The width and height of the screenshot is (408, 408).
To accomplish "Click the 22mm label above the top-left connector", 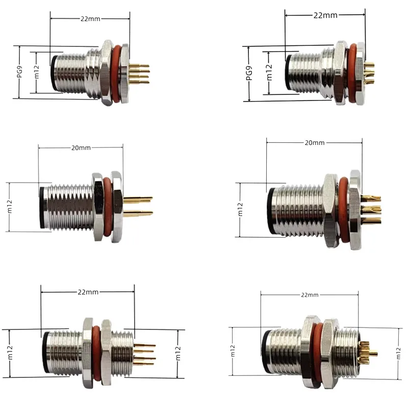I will click(x=90, y=18).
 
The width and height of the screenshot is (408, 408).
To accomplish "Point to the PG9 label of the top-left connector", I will click(x=20, y=72).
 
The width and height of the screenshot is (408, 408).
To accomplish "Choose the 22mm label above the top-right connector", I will click(x=325, y=15).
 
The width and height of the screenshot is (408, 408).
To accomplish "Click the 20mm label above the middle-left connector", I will click(x=81, y=148).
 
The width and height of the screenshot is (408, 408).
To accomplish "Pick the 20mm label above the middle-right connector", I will click(x=314, y=143).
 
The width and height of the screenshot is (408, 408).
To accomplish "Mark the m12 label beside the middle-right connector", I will click(x=240, y=210).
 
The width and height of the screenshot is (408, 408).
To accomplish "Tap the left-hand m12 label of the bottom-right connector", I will click(x=233, y=351).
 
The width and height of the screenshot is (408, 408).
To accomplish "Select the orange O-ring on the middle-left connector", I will click(x=108, y=206).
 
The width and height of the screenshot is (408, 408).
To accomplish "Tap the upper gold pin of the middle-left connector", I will click(x=140, y=198).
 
